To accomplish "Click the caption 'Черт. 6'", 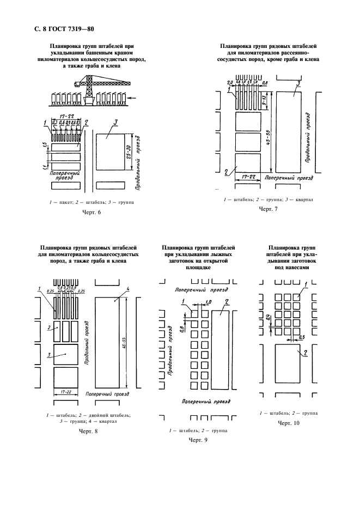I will point(91,212).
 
